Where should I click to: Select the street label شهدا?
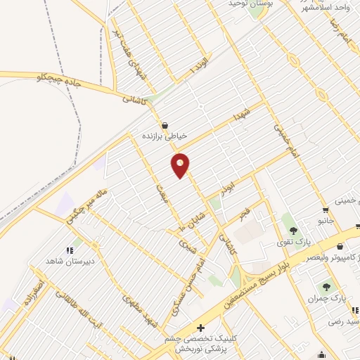(x=242, y=114)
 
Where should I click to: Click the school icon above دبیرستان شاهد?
(x=70, y=250)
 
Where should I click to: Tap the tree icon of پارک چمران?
(x=325, y=286)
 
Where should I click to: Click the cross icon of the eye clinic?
(x=201, y=328)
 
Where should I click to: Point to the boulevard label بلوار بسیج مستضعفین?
(x=270, y=274)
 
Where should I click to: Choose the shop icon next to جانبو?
(x=325, y=210)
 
